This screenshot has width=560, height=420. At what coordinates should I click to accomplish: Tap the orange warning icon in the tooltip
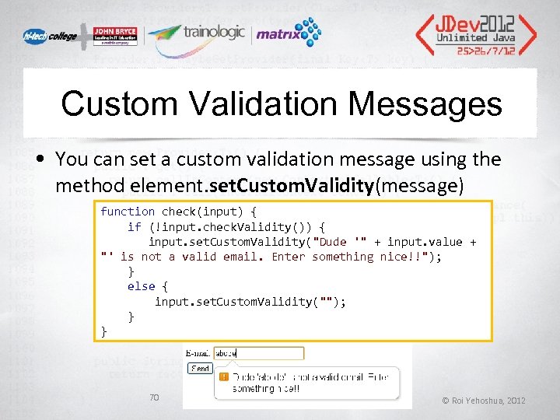(224, 377)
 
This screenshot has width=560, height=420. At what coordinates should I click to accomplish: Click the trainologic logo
(198, 33)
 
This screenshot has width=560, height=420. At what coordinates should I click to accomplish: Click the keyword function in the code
(128, 212)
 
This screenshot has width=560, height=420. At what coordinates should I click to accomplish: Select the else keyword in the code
(141, 286)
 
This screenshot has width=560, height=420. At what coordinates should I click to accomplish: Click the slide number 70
(153, 397)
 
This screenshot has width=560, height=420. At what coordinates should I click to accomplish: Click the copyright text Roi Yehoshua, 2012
(483, 400)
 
